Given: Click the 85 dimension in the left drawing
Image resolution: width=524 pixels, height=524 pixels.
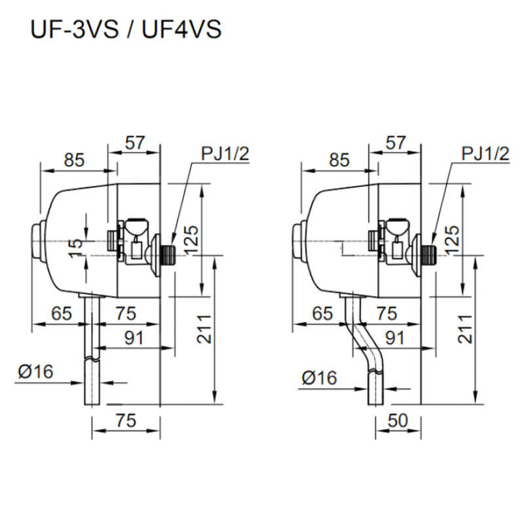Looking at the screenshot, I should pos(74,159).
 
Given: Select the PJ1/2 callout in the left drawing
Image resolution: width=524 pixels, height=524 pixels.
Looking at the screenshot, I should pos(225,153).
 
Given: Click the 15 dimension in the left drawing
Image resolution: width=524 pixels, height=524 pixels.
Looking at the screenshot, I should pos(77,243).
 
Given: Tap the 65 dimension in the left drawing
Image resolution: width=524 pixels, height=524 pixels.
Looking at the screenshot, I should pos(61,314).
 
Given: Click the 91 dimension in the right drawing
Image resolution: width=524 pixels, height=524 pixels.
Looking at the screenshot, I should pos(394,339).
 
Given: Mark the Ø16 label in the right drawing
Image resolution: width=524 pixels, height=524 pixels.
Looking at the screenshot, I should pos(319,378).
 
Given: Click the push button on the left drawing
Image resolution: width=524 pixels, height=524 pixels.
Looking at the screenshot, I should pos(37,242).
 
